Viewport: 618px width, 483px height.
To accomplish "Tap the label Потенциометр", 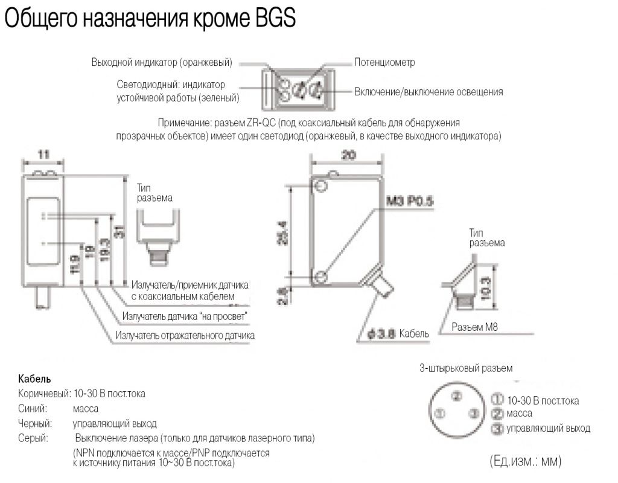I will click(x=384, y=62).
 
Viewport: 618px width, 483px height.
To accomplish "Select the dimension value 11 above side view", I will click(x=43, y=154).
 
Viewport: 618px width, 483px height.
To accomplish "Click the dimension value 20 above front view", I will click(x=348, y=154).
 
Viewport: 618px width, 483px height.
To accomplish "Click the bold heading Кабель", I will click(x=35, y=379).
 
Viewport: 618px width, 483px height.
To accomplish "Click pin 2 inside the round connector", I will click(x=457, y=396).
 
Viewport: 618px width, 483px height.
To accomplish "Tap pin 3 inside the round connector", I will click(x=475, y=413).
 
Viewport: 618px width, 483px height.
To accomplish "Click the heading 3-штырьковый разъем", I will click(x=466, y=368).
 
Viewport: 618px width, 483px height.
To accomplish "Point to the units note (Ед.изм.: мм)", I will click(x=524, y=462).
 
